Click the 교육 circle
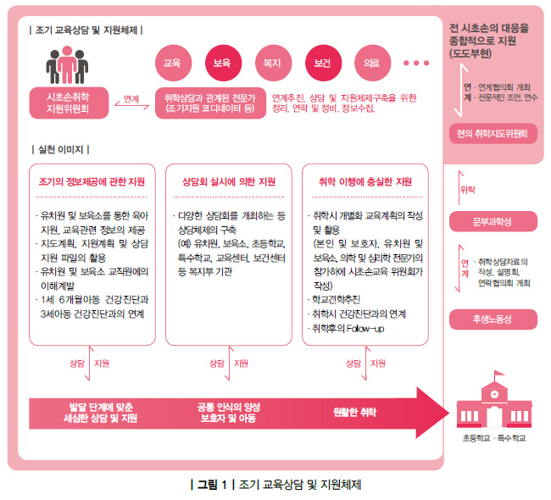pyautogui.click(x=173, y=63)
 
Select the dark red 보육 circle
pyautogui.click(x=224, y=63)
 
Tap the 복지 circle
pyautogui.click(x=274, y=63)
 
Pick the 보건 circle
pyautogui.click(x=323, y=63)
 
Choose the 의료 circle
pyautogui.click(x=372, y=63)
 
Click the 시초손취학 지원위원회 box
pyautogui.click(x=69, y=103)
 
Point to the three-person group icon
pyautogui.click(x=67, y=65)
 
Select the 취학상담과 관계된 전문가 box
pyautogui.click(x=210, y=103)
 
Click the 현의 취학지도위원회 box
pyautogui.click(x=493, y=134)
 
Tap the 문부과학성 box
pyautogui.click(x=493, y=221)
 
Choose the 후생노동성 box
pyautogui.click(x=493, y=319)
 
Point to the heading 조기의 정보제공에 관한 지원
pyautogui.click(x=92, y=181)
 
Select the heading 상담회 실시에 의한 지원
pyautogui.click(x=228, y=181)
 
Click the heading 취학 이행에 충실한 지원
pyautogui.click(x=365, y=181)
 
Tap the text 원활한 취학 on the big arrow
pyautogui.click(x=354, y=412)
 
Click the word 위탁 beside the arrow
pyautogui.click(x=468, y=190)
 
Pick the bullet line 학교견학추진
pyautogui.click(x=334, y=299)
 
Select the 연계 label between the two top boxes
pyautogui.click(x=131, y=99)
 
